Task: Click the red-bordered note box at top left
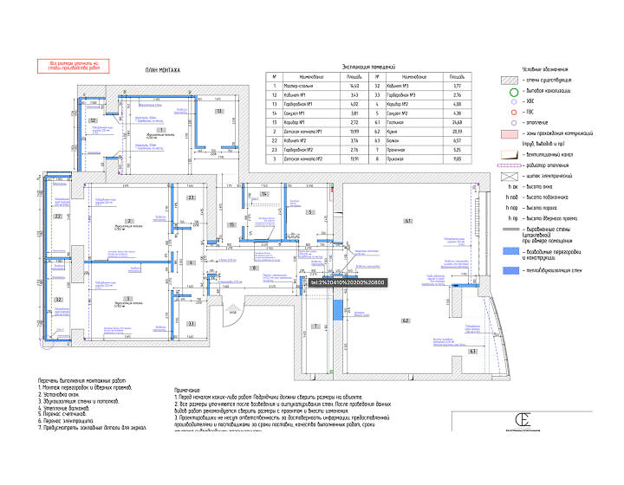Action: [75, 65]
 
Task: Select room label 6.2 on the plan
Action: [405, 320]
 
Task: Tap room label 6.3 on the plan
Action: [473, 352]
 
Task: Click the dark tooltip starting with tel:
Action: [347, 282]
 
